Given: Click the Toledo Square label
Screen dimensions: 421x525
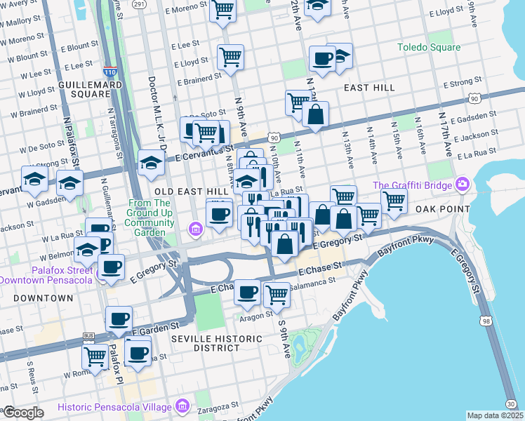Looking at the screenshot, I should tap(429, 48).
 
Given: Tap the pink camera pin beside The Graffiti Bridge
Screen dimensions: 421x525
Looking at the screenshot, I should tap(462, 185).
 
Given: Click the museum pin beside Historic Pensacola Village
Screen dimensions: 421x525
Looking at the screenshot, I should tap(182, 407).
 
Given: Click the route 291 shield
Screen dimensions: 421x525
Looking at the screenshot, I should tap(139, 4).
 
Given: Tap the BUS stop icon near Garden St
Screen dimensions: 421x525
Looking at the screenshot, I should tap(88, 338).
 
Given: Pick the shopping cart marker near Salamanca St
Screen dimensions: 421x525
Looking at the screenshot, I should tap(277, 294).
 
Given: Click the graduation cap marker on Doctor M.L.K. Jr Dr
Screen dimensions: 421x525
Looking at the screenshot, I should tap(151, 163).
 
